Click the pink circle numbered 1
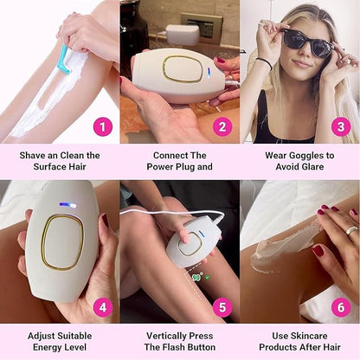click(103, 126)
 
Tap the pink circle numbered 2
click(222, 126)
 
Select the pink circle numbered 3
click(341, 126)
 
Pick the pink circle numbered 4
click(103, 307)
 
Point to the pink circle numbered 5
click(222, 307)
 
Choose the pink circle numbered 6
click(341, 307)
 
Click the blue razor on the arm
click(64, 60)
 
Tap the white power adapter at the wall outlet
click(183, 35)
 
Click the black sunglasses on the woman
click(305, 43)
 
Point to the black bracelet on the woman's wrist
click(265, 63)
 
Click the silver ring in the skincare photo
click(352, 230)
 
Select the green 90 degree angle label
click(197, 277)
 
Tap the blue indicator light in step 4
click(68, 205)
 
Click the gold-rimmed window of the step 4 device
click(62, 242)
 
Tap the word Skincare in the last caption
click(309, 336)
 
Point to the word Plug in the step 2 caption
click(185, 167)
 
